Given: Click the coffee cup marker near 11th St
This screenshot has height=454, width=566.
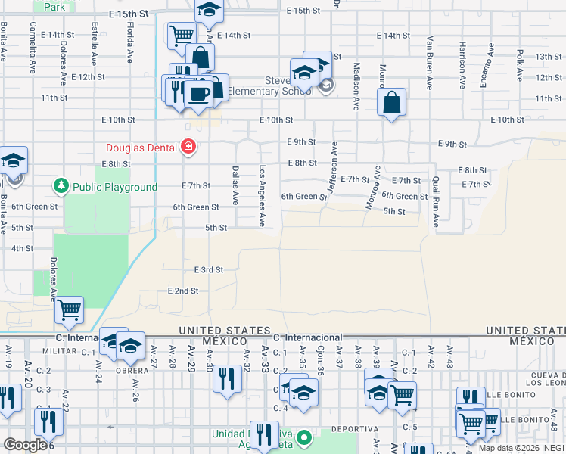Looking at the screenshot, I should pos(199,94).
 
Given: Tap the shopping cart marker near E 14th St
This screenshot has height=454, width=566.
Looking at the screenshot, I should pos(182,34).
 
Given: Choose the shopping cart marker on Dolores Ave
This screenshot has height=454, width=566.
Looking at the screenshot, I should pos(69,309).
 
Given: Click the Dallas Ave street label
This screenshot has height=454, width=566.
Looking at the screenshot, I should pos(235,186).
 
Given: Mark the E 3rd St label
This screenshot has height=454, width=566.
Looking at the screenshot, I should pos(208,269).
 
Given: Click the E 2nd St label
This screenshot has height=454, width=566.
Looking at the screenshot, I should pos(182,291).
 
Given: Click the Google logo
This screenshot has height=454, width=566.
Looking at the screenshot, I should pos(25,445).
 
